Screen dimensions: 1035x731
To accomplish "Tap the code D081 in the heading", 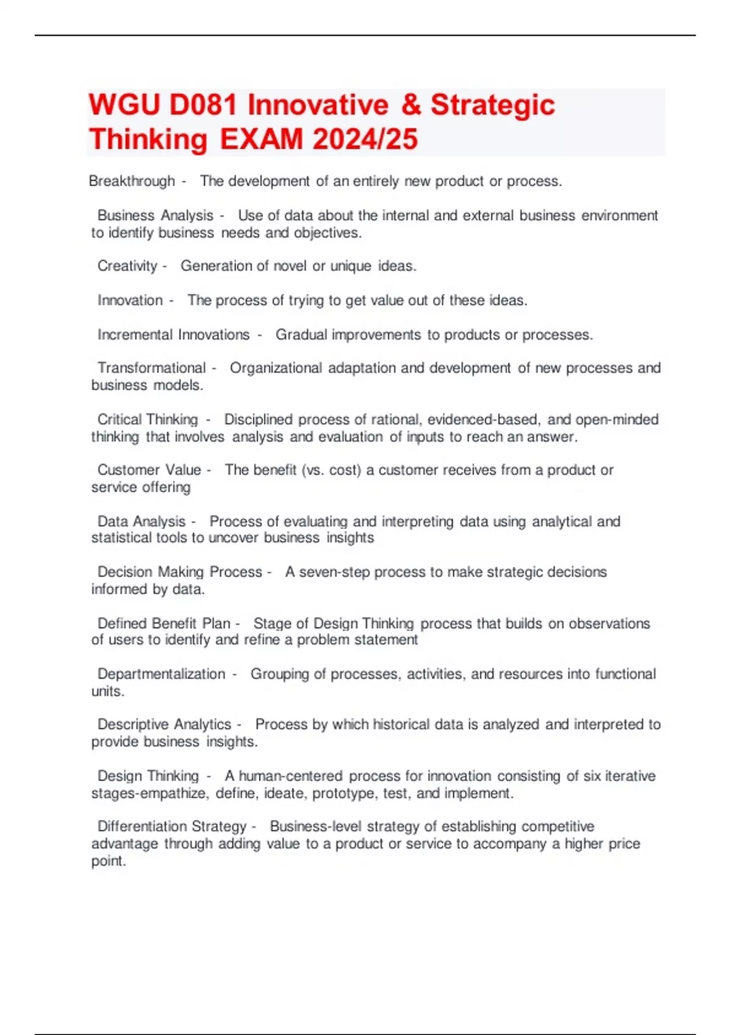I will point(203,105).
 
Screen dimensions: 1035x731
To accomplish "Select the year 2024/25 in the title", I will point(365,139).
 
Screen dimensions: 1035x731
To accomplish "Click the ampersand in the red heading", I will point(412,105).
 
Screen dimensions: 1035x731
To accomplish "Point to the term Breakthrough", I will point(132,181).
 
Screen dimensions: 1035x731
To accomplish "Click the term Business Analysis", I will point(155,216).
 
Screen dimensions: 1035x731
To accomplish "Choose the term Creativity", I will point(127,266).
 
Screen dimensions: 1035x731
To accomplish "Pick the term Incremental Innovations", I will point(174,335).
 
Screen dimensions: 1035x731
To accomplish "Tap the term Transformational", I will point(152,368).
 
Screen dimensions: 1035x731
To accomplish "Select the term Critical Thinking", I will point(148,419).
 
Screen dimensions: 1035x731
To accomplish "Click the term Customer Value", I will point(149,470).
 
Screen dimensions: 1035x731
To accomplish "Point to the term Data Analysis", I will point(141,522).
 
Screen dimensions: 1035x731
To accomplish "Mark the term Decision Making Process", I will point(180,572).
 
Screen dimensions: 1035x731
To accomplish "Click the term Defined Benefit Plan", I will point(164,623).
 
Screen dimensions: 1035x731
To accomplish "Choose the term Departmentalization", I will point(161,674).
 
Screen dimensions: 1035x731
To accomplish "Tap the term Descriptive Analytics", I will point(164,724).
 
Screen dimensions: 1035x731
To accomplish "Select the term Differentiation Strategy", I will point(172,826).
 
